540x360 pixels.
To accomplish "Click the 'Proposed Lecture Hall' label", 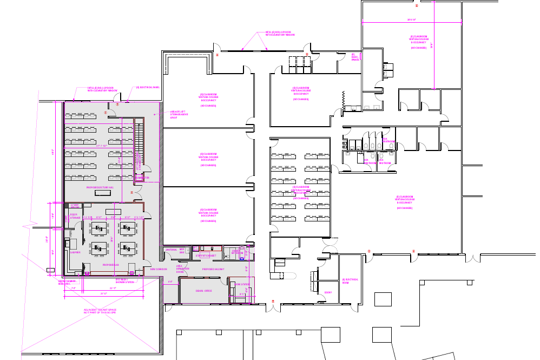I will point(101,187).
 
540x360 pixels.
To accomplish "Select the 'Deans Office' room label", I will point(204,291).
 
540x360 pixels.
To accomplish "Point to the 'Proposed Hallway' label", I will point(213,269).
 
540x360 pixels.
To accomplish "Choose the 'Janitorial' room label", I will point(171,250).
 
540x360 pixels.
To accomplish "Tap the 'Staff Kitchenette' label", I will point(206,256).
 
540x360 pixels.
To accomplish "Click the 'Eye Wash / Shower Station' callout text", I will point(124,281).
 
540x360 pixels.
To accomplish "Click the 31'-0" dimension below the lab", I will point(102,293).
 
